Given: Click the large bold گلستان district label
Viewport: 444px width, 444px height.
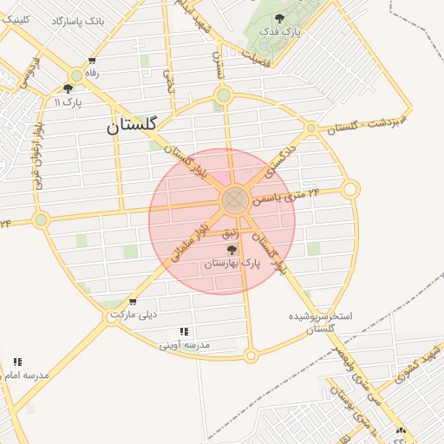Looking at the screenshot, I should click(132, 126).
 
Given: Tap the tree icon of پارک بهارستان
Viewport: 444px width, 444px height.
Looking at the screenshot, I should click(231, 250).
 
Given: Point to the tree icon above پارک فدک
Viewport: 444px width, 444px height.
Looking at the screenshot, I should click(279, 18).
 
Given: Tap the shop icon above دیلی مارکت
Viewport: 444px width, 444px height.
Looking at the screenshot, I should click(132, 303).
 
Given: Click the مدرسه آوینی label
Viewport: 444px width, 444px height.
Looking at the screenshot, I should click(185, 345).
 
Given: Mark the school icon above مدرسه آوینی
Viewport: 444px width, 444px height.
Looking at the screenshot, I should click(184, 331).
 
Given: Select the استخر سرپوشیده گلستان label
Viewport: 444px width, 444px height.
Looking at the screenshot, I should click(321, 322).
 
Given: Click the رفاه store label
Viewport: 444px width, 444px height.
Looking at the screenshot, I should click(92, 74).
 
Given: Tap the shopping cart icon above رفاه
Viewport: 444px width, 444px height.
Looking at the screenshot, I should click(92, 61).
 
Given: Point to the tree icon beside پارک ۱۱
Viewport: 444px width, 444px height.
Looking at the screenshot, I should click(68, 88).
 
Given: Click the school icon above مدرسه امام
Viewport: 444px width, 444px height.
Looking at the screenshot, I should click(17, 362).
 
